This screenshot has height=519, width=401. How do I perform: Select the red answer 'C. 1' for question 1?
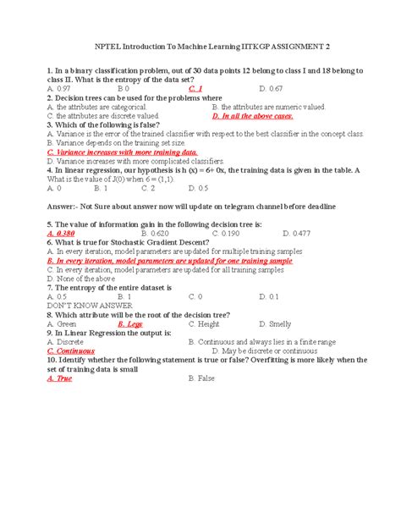tap(196, 88)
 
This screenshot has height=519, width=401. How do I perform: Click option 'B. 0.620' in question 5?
tap(157, 233)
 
